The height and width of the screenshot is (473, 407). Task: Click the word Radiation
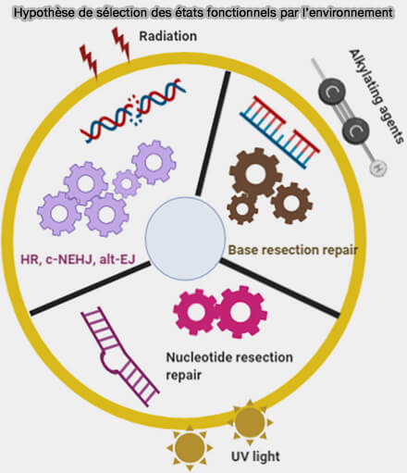click(x=168, y=36)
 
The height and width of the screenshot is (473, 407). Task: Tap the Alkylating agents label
click(x=376, y=96)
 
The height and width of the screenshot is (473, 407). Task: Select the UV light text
click(x=255, y=456)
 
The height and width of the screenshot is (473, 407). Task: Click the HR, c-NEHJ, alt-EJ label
click(x=78, y=259)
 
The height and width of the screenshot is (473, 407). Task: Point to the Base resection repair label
click(x=293, y=250)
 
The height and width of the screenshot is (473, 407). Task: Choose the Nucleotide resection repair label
click(x=229, y=367)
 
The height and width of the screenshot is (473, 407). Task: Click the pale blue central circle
click(x=185, y=239)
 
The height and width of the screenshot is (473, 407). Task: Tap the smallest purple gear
click(x=126, y=183)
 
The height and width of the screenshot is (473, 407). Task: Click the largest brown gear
click(x=255, y=174)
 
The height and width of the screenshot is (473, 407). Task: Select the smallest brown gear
click(x=242, y=209)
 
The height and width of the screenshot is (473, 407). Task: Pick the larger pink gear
click(x=241, y=312)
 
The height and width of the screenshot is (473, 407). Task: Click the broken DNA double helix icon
click(x=132, y=110)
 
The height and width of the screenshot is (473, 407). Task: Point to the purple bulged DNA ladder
click(x=120, y=356)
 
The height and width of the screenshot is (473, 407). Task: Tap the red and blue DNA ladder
click(x=280, y=132)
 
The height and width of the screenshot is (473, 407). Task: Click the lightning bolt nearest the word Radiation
click(x=121, y=44)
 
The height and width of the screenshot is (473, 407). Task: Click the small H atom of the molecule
click(x=377, y=168)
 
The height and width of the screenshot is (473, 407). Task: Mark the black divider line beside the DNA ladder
click(x=213, y=134)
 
